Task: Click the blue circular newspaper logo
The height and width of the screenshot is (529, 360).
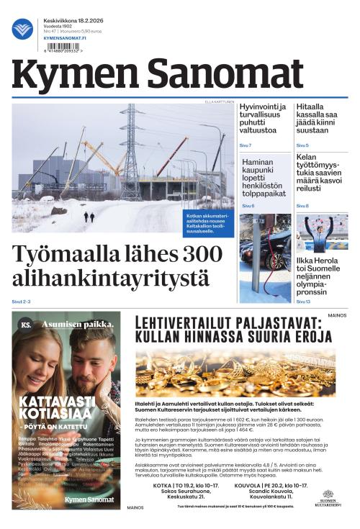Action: coord(22,29)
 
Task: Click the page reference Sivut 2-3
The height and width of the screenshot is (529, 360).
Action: coord(22,301)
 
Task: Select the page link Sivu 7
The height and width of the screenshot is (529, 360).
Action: coord(246,145)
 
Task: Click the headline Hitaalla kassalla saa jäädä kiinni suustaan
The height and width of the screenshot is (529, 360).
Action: coord(320,119)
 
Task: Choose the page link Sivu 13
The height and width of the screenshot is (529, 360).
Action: coord(304,301)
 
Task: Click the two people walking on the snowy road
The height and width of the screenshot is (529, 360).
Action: coord(89,217)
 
